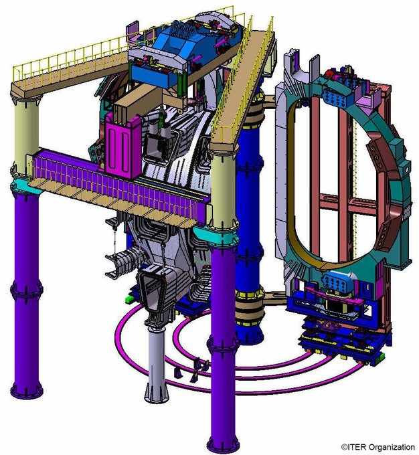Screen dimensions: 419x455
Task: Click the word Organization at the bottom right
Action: click(390, 448)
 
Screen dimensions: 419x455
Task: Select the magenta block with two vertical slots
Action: click(123, 146)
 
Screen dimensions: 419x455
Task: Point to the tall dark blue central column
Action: click(250, 221)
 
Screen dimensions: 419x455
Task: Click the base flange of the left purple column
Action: click(27, 391)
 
